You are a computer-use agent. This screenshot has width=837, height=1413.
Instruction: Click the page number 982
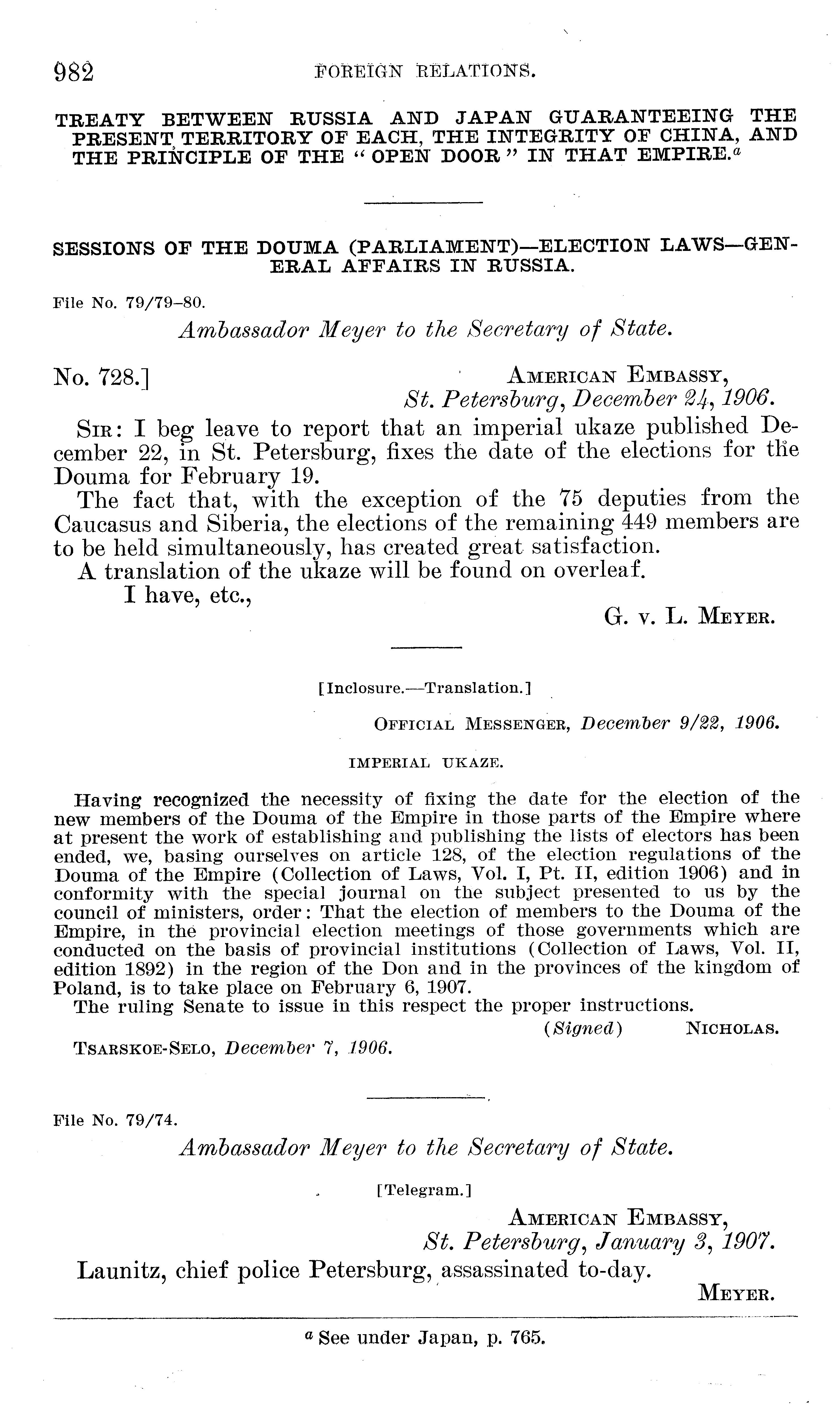[x=74, y=73]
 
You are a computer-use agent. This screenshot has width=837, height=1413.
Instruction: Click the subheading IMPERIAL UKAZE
[x=426, y=763]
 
